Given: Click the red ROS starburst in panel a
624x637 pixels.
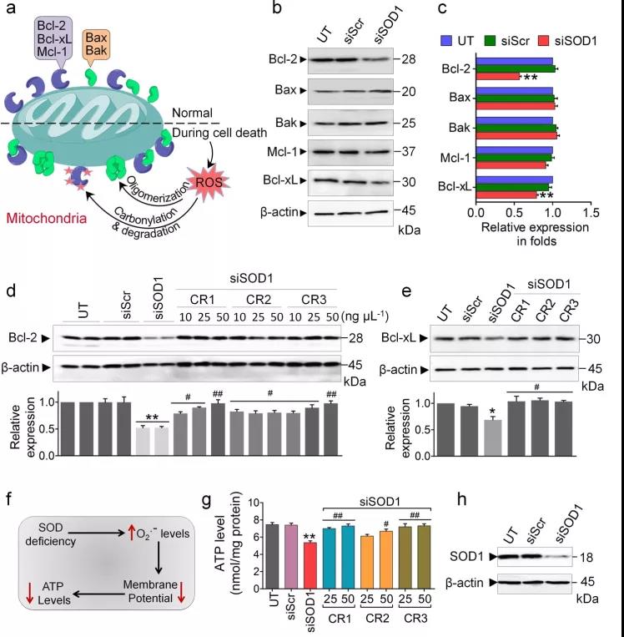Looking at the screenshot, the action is [x=209, y=182].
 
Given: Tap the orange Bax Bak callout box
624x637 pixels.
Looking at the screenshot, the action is [x=96, y=45].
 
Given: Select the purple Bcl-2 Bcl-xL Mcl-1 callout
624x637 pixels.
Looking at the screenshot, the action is [x=53, y=39].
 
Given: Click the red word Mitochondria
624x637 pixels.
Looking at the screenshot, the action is [x=47, y=218].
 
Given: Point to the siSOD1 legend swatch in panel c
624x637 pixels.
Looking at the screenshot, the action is [x=543, y=41].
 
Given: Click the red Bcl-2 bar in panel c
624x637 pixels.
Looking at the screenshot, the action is [x=498, y=76].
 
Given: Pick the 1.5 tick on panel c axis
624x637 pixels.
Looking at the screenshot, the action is [x=591, y=212].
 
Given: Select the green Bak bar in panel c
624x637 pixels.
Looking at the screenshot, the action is [x=516, y=128].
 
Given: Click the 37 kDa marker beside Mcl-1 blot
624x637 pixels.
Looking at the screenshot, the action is [x=409, y=152].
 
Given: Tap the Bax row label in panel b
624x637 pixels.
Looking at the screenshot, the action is [x=285, y=90].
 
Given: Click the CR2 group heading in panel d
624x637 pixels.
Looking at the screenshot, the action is [x=259, y=300].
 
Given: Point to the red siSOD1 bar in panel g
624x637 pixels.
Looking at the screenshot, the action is [x=309, y=565].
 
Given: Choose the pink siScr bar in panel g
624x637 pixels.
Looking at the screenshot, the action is [x=291, y=557].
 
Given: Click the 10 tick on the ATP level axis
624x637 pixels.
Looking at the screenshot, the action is [x=254, y=503].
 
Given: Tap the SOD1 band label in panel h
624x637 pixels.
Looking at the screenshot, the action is [x=466, y=557].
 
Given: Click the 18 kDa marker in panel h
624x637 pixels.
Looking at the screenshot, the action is [x=586, y=558].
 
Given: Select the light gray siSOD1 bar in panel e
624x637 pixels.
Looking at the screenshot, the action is [x=493, y=438].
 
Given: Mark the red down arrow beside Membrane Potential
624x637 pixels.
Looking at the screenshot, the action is [x=182, y=592].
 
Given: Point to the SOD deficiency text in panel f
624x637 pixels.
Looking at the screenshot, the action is [x=50, y=534].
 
